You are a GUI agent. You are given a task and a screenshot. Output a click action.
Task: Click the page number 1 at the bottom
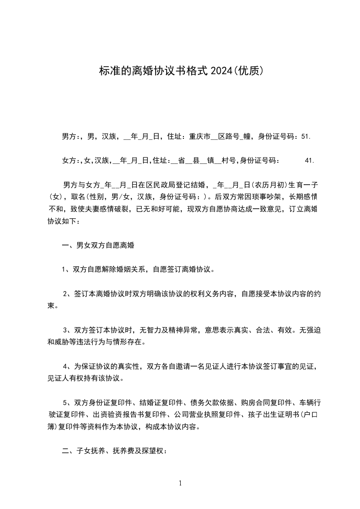[x=180, y=484]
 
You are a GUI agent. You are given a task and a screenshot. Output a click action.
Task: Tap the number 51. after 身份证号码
[x=306, y=136]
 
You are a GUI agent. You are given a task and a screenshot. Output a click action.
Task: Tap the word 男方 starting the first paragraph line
[x=69, y=136]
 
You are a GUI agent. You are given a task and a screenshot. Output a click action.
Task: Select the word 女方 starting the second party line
[x=69, y=160]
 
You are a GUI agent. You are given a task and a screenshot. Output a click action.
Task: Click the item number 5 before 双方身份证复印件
[x=65, y=403]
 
